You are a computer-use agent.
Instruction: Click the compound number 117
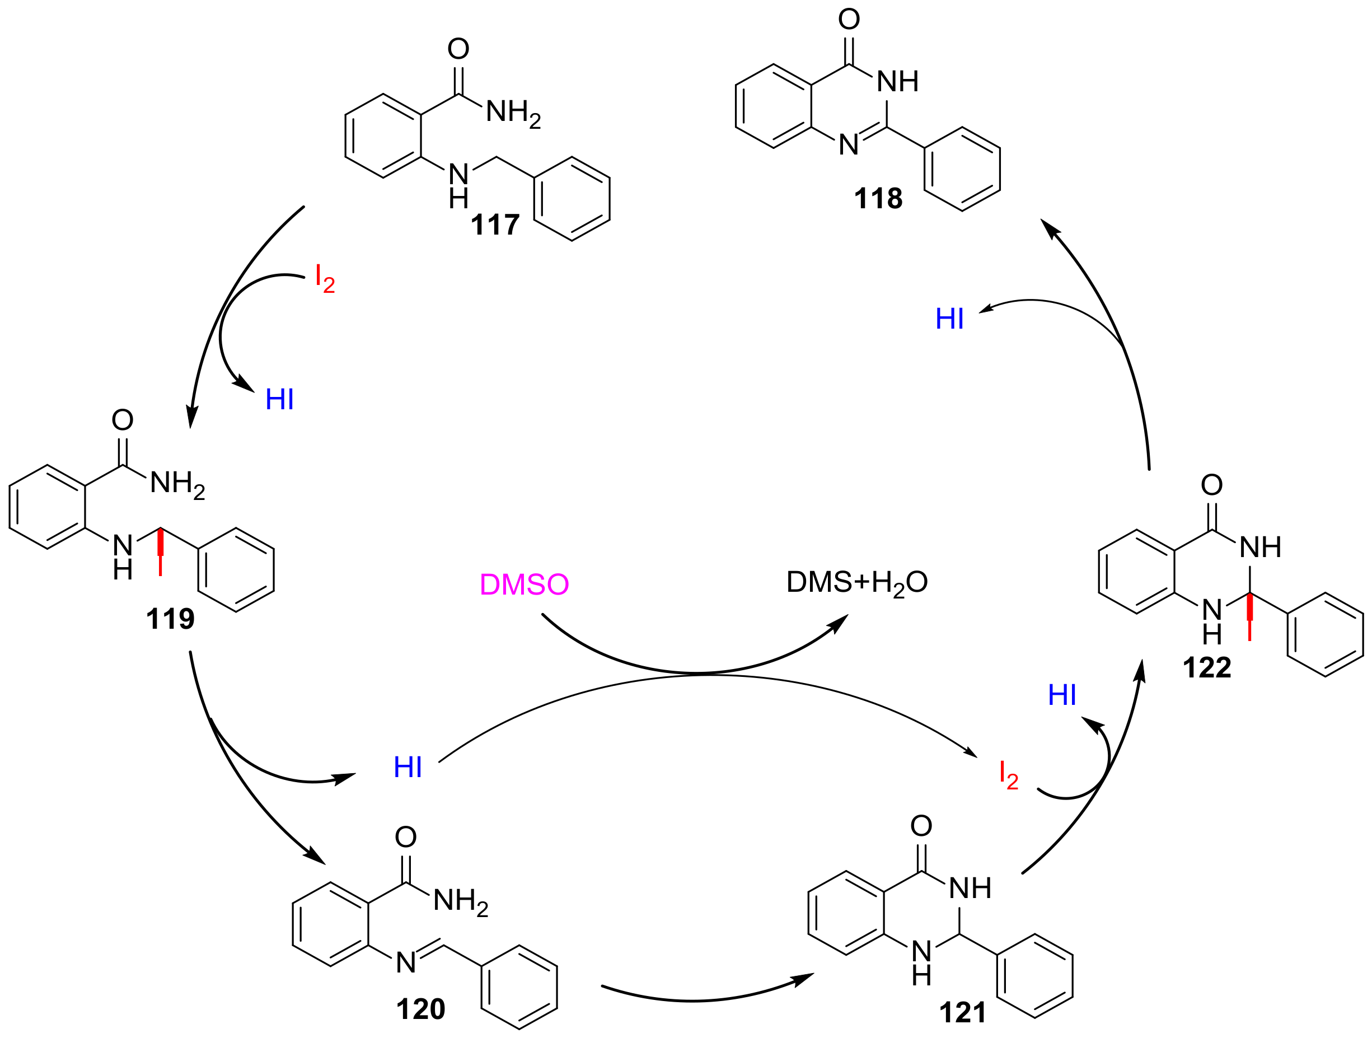point(495,225)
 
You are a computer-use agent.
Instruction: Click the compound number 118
point(878,199)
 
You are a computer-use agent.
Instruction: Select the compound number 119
point(170,619)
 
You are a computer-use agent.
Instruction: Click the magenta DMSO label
point(524,585)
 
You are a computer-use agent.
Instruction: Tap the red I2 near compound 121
point(1008,775)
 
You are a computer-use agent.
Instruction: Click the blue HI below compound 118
point(949,319)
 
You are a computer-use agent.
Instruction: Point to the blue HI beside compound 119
point(279,400)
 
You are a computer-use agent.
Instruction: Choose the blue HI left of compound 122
point(1062,695)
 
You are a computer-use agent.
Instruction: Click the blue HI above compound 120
point(408,768)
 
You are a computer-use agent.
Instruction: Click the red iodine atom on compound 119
point(161,564)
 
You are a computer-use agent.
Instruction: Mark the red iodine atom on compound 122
point(1249,631)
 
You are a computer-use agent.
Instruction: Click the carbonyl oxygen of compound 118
point(849,19)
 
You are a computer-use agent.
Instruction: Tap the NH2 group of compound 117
point(513,113)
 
